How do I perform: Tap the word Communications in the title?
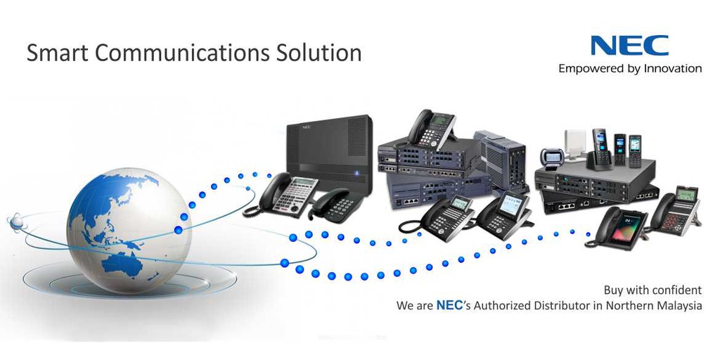coord(175,53)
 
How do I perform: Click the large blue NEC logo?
coord(629,46)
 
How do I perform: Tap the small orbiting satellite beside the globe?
coord(15,222)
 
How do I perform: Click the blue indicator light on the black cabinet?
coord(357,173)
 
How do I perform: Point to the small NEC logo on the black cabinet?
coord(306,127)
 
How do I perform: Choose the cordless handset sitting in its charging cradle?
coord(599,149)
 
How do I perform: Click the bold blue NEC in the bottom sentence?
coord(449,306)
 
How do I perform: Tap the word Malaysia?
coord(676,306)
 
